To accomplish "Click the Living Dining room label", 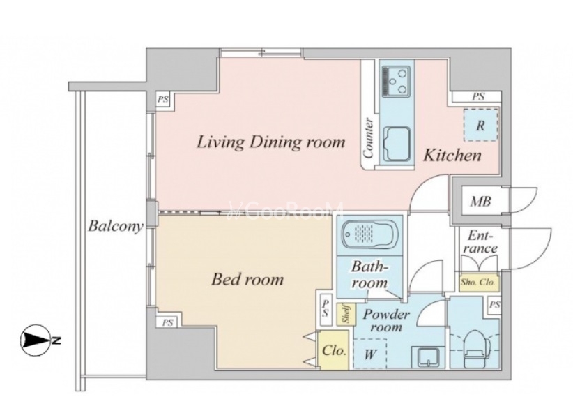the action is coord(270,142).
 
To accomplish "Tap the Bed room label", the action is coord(247,280).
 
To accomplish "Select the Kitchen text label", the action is coord(452,156).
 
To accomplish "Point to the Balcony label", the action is coord(115,226).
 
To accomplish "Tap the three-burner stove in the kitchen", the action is coord(397,81).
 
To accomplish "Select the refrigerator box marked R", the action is coord(480,125).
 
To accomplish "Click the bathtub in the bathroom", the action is coord(369,234).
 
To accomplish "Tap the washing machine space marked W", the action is coord(370,354).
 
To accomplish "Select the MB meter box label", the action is coord(480,202).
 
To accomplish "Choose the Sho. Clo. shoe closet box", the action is coord(478,283).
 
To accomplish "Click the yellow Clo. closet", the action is coord(334,350).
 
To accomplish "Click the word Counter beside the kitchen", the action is coord(368,138).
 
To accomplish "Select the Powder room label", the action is coord(386,320).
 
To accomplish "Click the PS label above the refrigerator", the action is coord(478,97).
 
